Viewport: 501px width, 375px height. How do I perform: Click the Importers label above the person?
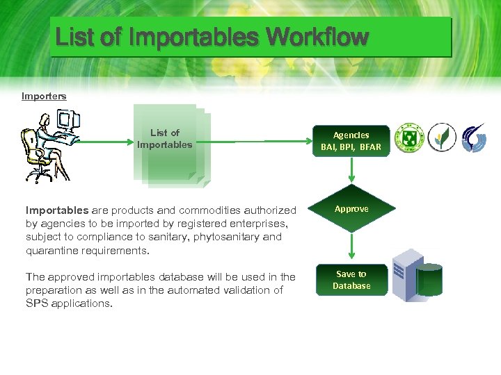coord(44,97)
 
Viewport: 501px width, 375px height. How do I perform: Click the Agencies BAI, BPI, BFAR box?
coord(351,141)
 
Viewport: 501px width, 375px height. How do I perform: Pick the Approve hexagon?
coord(351,208)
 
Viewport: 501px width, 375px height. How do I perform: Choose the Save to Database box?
coord(351,280)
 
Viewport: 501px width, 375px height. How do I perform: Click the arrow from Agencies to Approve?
coord(351,171)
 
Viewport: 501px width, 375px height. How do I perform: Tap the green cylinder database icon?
coord(429,281)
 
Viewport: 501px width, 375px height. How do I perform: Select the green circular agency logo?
coord(409,138)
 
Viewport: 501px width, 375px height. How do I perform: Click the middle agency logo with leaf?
coord(442,138)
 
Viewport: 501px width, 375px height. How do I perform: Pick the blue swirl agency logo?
coord(475,138)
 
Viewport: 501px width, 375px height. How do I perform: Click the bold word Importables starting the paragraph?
coord(57,210)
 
